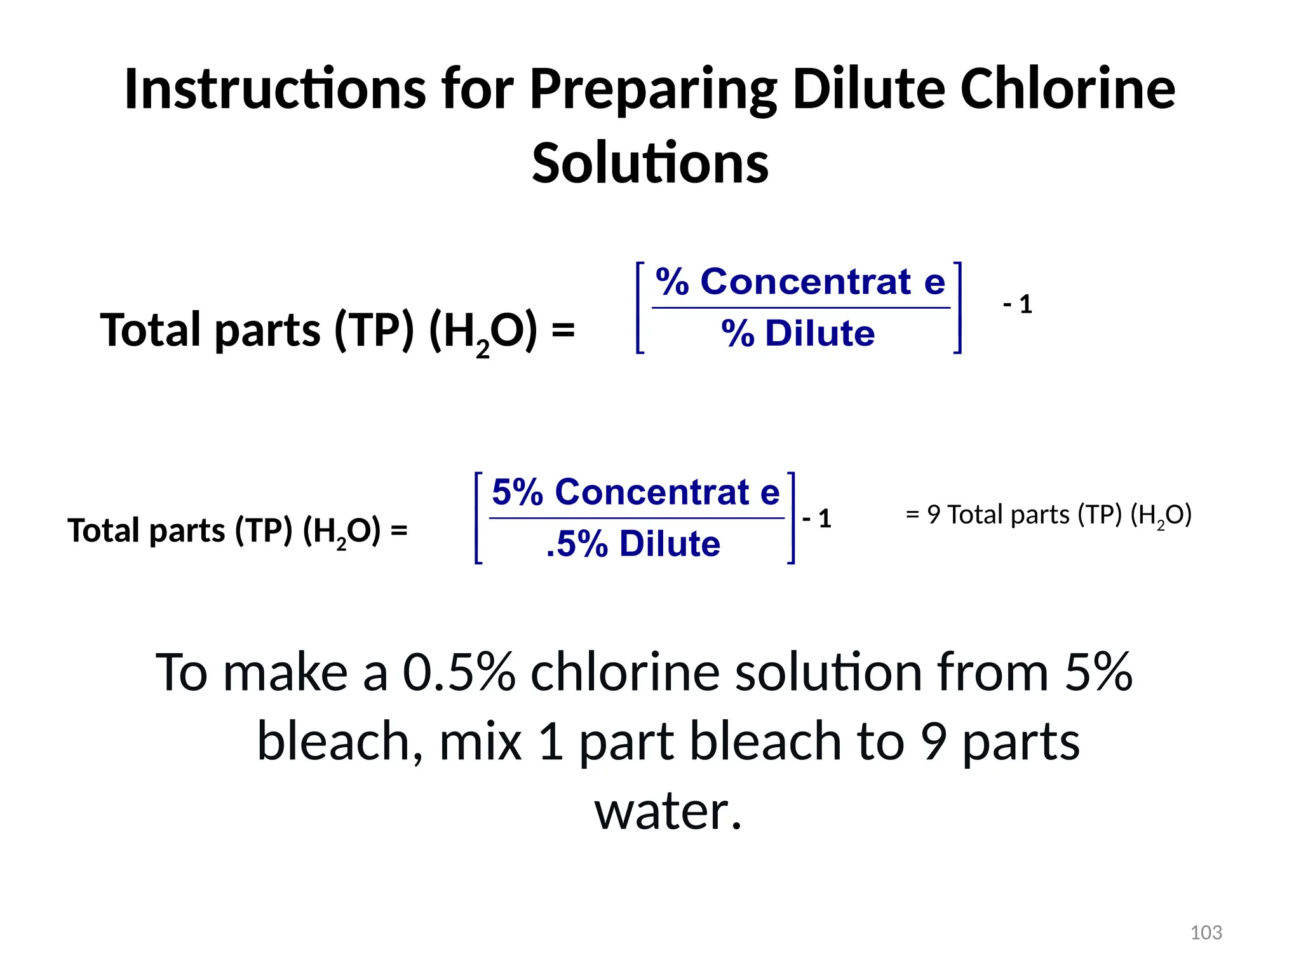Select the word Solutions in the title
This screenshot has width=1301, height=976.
point(650,163)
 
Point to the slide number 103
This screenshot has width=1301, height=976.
point(1206,932)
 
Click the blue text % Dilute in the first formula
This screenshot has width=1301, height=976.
point(798,333)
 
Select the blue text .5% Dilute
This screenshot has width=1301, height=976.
point(633,544)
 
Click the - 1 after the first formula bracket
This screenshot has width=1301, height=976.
point(1018,304)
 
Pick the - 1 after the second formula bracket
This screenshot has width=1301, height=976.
point(817,518)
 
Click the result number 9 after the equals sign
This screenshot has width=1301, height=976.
point(933,515)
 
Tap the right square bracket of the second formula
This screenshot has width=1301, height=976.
point(791,518)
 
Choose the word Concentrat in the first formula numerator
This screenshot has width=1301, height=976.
point(806,281)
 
